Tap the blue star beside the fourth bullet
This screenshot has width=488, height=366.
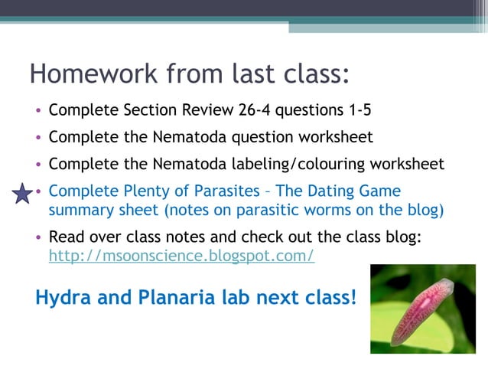coord(24,195)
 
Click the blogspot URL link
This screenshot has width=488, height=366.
coord(181,256)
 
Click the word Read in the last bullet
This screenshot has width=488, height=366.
coord(64,238)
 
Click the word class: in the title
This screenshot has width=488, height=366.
coord(311,74)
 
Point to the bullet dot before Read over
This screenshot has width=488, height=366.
coord(38,239)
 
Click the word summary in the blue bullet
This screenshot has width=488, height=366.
coord(77,209)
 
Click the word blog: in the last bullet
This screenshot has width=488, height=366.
coord(404,238)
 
